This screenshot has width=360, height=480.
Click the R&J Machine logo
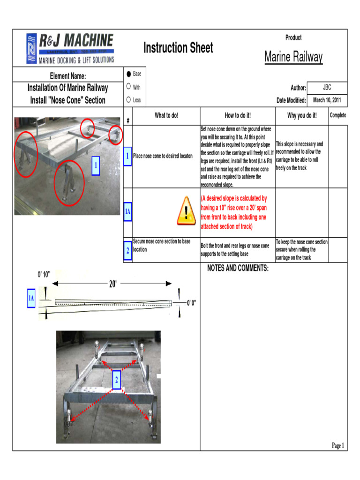[x=70, y=48]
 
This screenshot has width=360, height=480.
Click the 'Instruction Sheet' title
[x=178, y=48]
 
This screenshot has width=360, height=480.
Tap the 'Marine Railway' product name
[x=293, y=57]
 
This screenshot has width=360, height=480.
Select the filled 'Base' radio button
[x=128, y=74]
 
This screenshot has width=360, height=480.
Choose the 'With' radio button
[x=128, y=87]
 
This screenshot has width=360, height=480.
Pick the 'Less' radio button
[x=128, y=100]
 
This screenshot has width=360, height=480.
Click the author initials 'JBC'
[x=327, y=88]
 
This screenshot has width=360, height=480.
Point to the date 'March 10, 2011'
[x=327, y=100]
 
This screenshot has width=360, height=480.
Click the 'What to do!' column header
[x=166, y=115]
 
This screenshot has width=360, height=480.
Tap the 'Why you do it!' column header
[x=302, y=115]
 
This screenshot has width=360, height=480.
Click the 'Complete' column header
[x=338, y=115]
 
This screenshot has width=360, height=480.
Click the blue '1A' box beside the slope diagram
[x=31, y=299]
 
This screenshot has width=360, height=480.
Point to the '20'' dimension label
[x=113, y=284]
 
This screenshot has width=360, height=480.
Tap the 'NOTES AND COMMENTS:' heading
[x=238, y=268]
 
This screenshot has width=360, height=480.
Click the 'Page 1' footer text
[x=338, y=445]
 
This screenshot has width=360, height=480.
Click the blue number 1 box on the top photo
[x=96, y=165]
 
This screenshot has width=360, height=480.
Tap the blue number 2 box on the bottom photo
[x=116, y=379]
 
